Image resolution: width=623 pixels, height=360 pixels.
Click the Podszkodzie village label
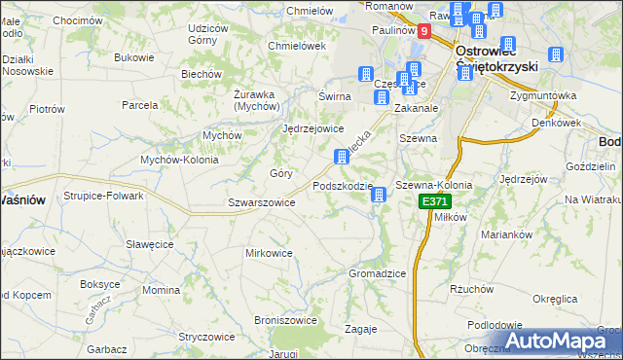click(x=343, y=186)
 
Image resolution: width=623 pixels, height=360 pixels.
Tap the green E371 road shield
click(x=434, y=201)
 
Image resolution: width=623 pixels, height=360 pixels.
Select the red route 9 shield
click(x=424, y=31)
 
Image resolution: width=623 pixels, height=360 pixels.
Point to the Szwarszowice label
click(x=261, y=202)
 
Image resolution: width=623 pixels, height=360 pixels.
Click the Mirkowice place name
click(x=269, y=253)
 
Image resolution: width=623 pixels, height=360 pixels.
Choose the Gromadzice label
click(x=377, y=273)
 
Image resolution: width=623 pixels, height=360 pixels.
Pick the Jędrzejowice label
click(x=312, y=128)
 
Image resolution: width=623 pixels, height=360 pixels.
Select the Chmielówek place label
click(x=296, y=46)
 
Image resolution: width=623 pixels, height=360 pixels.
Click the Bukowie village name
click(x=134, y=57)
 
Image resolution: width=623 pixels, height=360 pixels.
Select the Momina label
click(x=161, y=290)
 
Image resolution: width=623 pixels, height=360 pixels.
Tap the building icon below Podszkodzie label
click(x=379, y=197)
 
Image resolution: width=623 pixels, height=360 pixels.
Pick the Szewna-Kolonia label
click(x=434, y=185)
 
